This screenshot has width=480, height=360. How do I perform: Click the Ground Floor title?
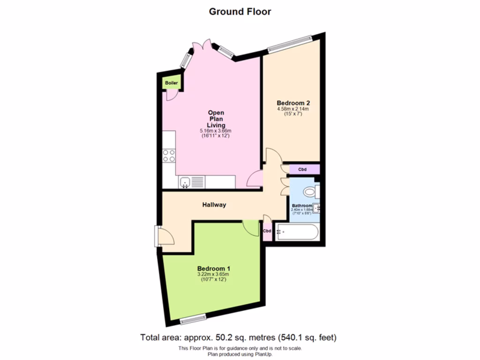tap(240, 12)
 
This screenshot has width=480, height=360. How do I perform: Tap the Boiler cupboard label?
tap(172, 83)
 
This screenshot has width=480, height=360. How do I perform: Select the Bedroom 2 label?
tap(293, 103)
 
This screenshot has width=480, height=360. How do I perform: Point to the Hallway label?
tap(214, 205)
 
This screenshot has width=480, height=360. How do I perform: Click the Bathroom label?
tap(301, 206)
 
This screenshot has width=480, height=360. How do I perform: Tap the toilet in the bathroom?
tap(310, 191)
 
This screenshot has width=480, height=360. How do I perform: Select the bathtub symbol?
tap(297, 232)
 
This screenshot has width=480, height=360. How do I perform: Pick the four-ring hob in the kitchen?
tap(169, 155)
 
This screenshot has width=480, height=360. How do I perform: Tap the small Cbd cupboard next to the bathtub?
tap(267, 232)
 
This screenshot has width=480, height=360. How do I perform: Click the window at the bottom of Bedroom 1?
tap(194, 320)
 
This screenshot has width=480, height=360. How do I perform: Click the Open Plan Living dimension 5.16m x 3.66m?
tap(216, 131)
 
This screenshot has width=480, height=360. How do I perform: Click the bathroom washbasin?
tap(318, 207)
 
